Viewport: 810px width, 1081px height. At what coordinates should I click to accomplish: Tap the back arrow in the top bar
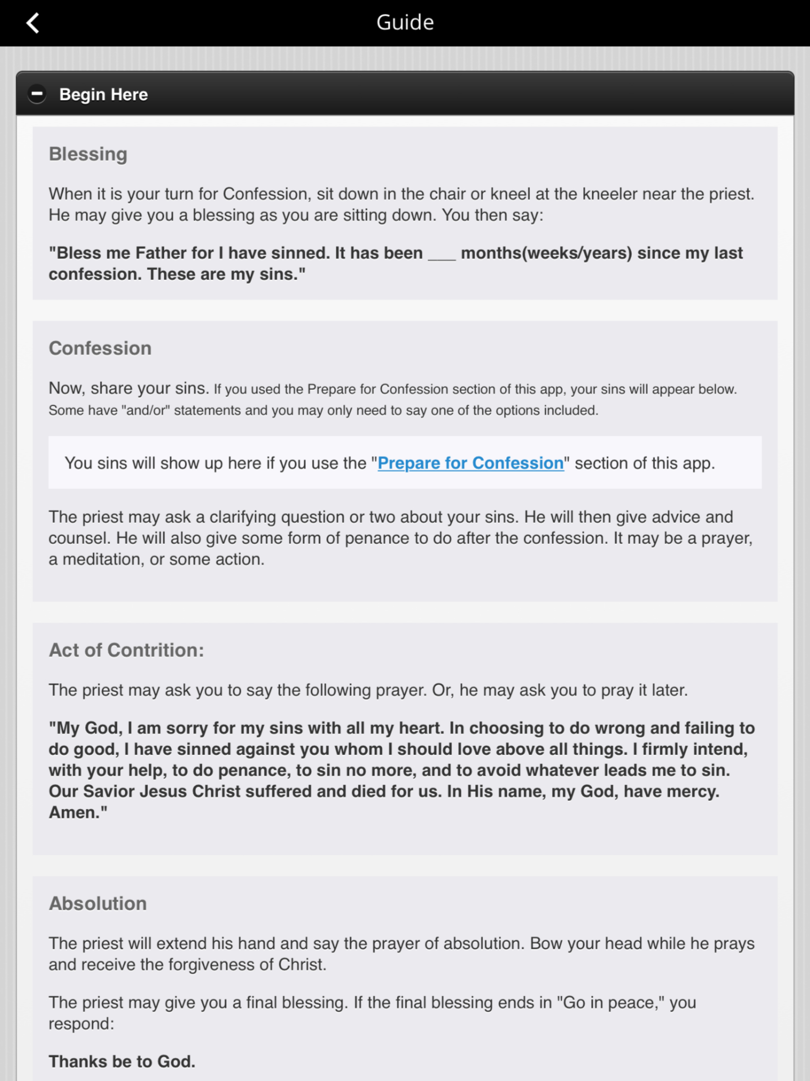(x=33, y=23)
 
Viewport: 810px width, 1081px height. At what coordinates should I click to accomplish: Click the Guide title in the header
(x=405, y=23)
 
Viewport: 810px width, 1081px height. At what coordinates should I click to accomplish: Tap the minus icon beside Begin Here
(x=37, y=94)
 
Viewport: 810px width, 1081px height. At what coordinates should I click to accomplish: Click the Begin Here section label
(x=103, y=94)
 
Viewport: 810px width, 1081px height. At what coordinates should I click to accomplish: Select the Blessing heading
(x=88, y=154)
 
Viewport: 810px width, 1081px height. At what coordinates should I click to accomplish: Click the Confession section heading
(x=100, y=348)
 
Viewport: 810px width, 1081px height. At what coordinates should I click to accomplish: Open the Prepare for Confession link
(x=471, y=463)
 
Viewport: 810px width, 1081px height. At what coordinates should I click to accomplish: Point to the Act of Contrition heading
(x=126, y=650)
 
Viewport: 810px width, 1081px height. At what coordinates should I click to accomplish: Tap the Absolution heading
(x=98, y=903)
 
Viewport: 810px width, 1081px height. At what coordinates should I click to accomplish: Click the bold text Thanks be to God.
(x=122, y=1061)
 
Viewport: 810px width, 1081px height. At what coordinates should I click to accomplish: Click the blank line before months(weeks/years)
(x=442, y=254)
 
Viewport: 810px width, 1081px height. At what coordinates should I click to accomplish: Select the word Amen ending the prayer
(x=74, y=812)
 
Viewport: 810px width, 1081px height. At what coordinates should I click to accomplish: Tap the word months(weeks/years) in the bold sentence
(x=546, y=253)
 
